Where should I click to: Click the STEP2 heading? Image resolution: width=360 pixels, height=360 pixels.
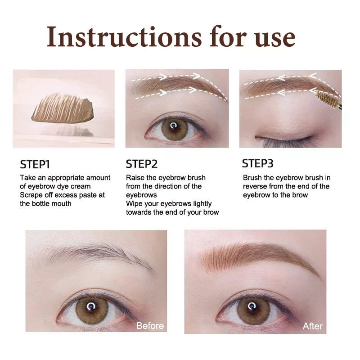coord(142,163)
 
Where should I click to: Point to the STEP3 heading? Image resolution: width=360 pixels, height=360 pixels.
coord(258,163)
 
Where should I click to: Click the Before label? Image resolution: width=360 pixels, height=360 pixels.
coord(150,325)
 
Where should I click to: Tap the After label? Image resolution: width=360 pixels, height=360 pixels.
coord(312,326)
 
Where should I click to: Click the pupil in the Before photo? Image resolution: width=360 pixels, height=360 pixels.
coord(91,307)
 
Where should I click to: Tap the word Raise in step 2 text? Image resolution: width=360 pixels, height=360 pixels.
coord(135,178)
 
